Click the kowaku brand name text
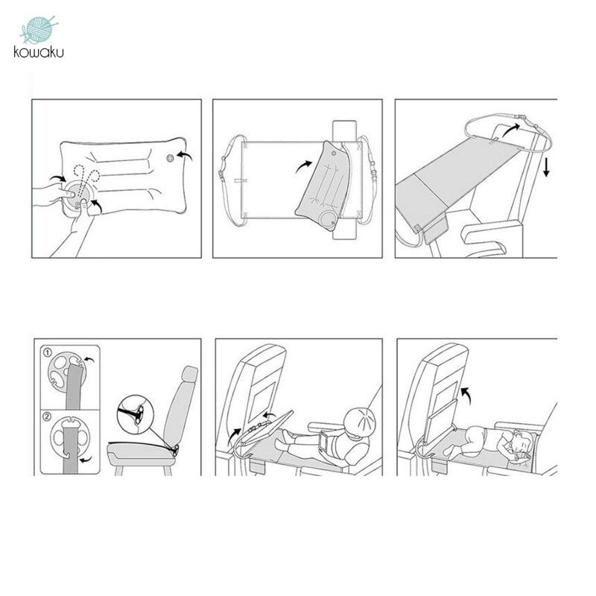click(x=39, y=51)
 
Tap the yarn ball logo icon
click(x=39, y=29)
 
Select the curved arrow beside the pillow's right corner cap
click(x=185, y=155)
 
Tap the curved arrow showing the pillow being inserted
click(x=304, y=166)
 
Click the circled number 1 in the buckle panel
click(x=48, y=353)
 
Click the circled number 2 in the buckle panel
click(x=47, y=416)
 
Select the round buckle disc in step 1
click(x=66, y=370)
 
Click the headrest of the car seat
click(x=190, y=374)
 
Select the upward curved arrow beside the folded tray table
click(x=466, y=396)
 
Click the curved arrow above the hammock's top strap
click(x=511, y=129)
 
